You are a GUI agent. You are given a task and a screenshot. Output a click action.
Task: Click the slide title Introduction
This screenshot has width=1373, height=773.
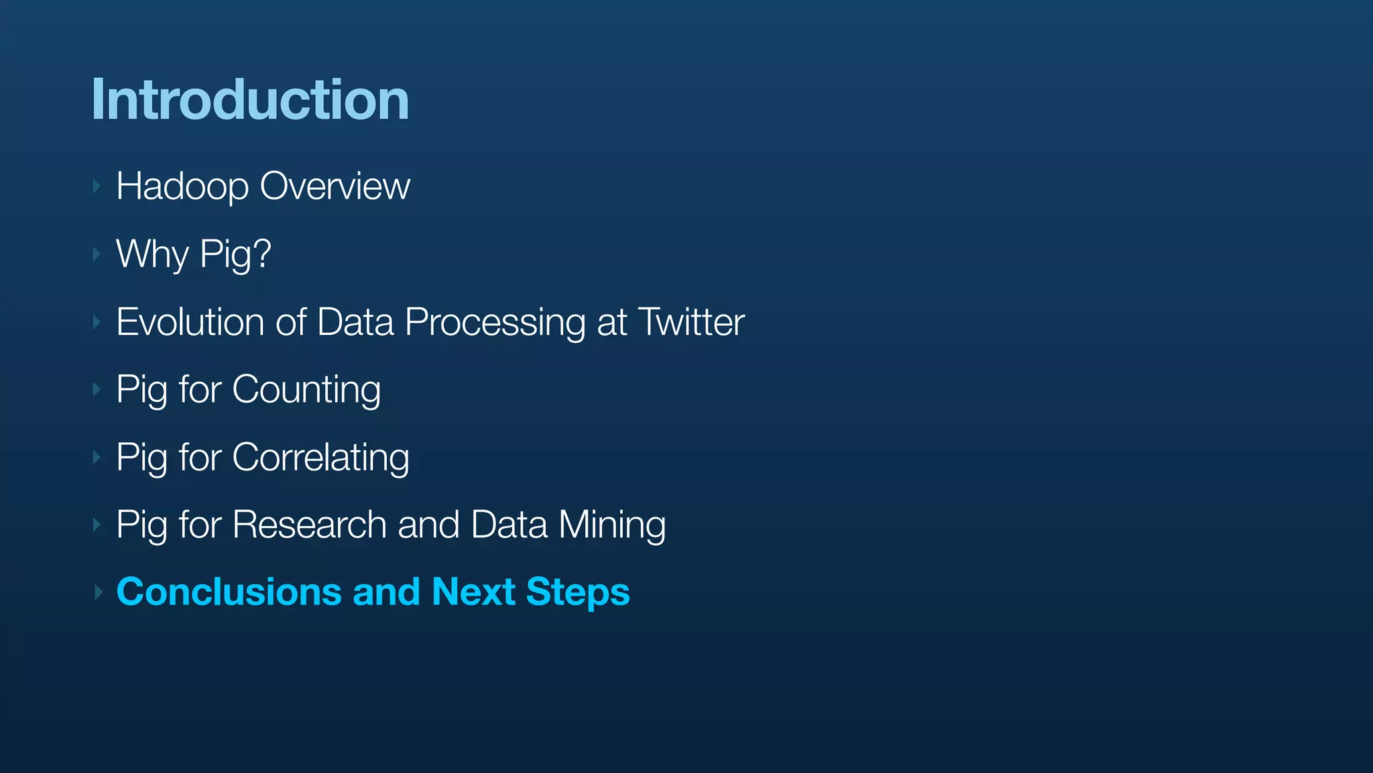point(250,100)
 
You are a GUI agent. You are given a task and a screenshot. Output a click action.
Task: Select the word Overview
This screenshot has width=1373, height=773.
point(335,186)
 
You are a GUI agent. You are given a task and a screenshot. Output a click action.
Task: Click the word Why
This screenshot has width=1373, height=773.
point(152,254)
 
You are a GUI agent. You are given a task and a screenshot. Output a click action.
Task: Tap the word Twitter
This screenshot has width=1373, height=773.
point(691,322)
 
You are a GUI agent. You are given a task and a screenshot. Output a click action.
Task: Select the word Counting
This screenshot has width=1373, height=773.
point(306,391)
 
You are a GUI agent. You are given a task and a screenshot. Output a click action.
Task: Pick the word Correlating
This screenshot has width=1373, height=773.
point(320,458)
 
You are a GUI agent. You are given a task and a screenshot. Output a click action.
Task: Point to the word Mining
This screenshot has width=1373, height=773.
point(612,525)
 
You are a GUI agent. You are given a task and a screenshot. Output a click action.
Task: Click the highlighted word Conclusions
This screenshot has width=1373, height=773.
point(229,592)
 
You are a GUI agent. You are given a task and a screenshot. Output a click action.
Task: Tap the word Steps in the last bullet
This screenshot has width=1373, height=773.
point(578,593)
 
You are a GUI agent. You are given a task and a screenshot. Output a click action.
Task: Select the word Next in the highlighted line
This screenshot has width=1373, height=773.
point(473,592)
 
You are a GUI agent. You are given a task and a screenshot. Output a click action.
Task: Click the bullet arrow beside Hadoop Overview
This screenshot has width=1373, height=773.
point(97,186)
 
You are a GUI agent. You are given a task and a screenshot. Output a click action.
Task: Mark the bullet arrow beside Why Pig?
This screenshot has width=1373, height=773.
point(97,254)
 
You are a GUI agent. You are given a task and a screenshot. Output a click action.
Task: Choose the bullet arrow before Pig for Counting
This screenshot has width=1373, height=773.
point(97,390)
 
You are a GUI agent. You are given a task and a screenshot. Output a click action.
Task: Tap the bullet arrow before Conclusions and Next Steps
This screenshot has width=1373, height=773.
point(98,592)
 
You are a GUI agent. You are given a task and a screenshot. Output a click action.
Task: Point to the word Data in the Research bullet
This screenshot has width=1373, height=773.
point(509,525)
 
